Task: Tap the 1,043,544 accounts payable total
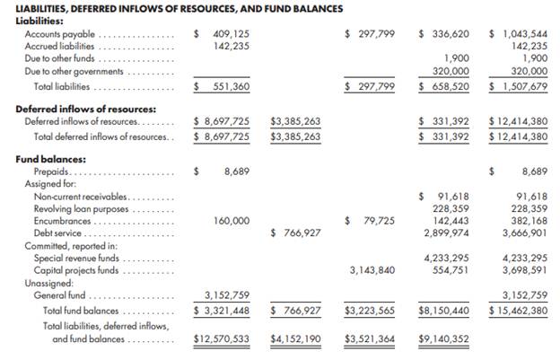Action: pyautogui.click(x=523, y=33)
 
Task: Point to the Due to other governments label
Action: pyautogui.click(x=74, y=71)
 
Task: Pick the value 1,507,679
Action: pyautogui.click(x=523, y=86)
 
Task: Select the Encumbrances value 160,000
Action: pyautogui.click(x=231, y=220)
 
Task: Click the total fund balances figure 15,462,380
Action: pyautogui.click(x=523, y=310)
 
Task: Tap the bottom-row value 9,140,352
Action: pyautogui.click(x=444, y=338)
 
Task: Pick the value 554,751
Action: pyautogui.click(x=448, y=269)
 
